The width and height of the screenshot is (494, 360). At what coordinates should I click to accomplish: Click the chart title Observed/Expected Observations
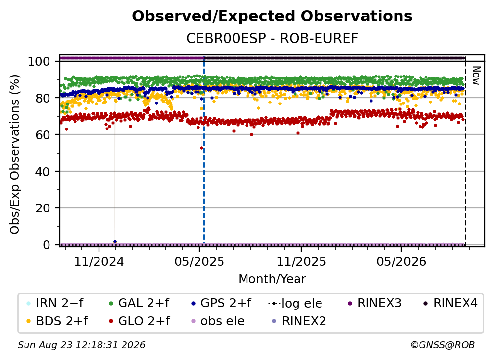[x=272, y=16]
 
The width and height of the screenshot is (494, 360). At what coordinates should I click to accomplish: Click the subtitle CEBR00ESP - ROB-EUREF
[x=272, y=39]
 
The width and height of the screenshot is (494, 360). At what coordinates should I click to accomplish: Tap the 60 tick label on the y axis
[x=43, y=135]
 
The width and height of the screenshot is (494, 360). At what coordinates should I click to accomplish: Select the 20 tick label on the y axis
[x=43, y=208]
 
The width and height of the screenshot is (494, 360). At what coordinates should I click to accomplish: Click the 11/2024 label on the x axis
[x=99, y=261]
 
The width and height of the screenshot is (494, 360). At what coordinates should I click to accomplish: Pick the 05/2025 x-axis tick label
[x=199, y=261]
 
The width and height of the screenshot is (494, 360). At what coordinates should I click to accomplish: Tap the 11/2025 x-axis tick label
[x=301, y=261]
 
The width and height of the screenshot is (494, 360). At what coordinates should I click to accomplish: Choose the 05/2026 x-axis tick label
[x=401, y=261]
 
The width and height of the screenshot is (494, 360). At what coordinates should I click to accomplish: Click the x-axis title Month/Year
[x=272, y=279]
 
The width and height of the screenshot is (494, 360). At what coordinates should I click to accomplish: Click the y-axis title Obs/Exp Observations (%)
[x=15, y=154]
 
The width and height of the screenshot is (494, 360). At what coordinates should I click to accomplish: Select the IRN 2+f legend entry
[x=55, y=303]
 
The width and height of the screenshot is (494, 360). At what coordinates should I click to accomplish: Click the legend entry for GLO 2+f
[x=139, y=321]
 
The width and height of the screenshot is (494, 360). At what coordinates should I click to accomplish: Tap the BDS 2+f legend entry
[x=57, y=321]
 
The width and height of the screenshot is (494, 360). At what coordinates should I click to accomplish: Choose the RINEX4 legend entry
[x=450, y=303]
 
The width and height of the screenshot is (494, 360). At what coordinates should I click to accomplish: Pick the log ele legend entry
[x=295, y=304]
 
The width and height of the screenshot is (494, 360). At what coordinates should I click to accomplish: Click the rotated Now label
[x=476, y=76]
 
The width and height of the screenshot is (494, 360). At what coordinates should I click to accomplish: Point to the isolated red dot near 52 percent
[x=201, y=148]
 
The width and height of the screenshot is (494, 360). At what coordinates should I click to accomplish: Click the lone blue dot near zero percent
[x=115, y=242]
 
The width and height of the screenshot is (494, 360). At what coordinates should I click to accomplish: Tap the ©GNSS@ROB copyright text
[x=443, y=345]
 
